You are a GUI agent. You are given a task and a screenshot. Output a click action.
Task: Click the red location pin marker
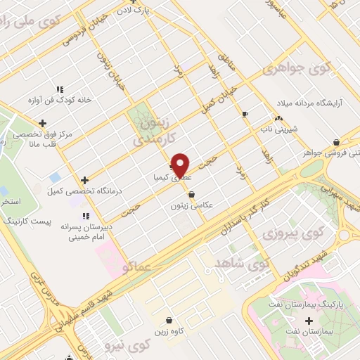pyautogui.click(x=181, y=165)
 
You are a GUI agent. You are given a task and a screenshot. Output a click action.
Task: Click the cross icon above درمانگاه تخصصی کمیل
pyautogui.click(x=84, y=180)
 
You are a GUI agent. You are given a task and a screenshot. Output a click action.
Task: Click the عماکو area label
pyautogui.click(x=136, y=267)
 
